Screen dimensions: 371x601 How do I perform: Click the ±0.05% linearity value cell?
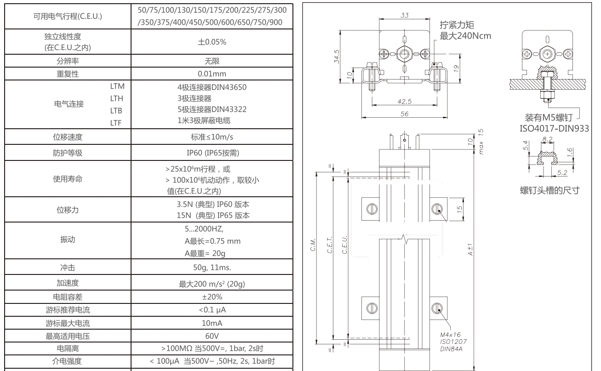pyautogui.click(x=212, y=42)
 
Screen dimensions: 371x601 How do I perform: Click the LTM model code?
pyautogui.click(x=118, y=86)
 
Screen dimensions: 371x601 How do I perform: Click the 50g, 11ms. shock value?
pyautogui.click(x=212, y=267)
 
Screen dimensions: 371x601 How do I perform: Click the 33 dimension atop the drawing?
pyautogui.click(x=404, y=15)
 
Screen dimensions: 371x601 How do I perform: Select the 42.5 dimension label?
pyautogui.click(x=405, y=102)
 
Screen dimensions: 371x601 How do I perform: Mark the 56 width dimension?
pyautogui.click(x=404, y=114)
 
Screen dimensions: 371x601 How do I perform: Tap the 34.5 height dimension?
pyautogui.click(x=337, y=56)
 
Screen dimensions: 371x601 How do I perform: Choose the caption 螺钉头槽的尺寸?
pyautogui.click(x=547, y=190)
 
